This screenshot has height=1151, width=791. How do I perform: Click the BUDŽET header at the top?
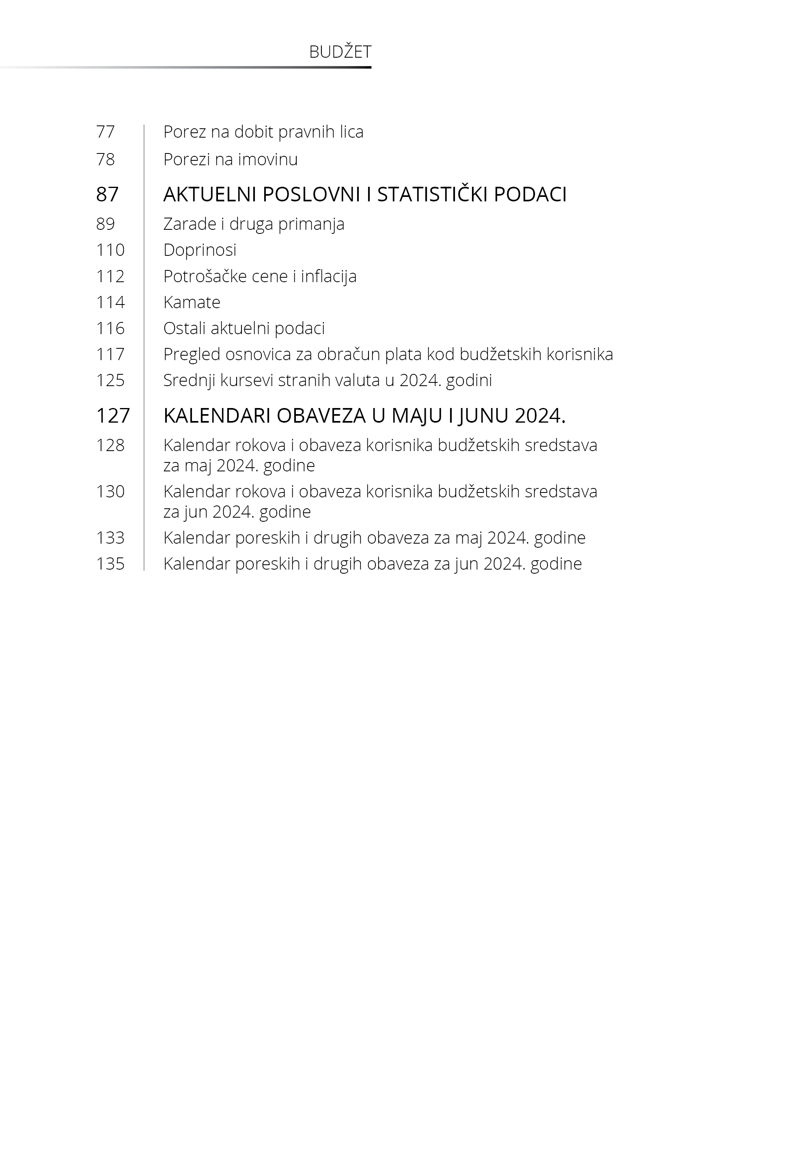pos(340,52)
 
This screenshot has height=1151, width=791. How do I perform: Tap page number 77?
pos(106,132)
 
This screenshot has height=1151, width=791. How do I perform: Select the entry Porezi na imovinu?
pos(231,160)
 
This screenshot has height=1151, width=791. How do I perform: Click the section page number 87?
pos(108,194)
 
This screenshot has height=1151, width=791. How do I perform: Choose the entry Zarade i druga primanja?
pos(254,224)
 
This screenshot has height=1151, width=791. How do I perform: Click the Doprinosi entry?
pos(200,250)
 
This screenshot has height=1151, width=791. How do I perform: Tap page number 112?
pos(110,276)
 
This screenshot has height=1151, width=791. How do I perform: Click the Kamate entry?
pos(192,302)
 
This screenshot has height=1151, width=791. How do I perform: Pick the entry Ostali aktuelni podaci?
pos(244,328)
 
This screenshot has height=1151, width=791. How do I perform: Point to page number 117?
pos(110,354)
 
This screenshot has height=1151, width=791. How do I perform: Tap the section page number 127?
pos(112,416)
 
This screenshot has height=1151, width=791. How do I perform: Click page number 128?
pos(110,445)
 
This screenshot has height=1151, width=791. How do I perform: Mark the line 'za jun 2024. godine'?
pos(237,512)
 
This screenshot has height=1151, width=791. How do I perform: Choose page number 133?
pos(110,538)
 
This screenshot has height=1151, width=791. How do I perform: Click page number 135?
pos(110,564)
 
